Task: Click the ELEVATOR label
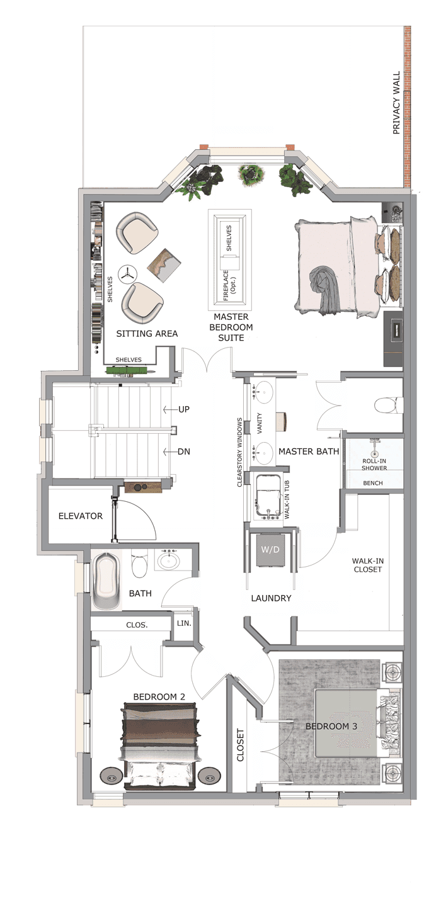81,516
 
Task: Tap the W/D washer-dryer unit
270,550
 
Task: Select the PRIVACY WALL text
396,103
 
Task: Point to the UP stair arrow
170,409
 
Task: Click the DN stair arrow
170,451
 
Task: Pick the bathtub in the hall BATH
106,580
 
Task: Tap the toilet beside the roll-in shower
388,405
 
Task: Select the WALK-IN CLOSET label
367,565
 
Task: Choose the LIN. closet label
184,623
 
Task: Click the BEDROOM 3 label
331,726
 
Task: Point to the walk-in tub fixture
268,496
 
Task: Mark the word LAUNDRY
271,598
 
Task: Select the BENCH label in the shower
373,483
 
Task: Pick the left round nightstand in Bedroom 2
112,775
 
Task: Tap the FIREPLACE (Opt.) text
229,285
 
